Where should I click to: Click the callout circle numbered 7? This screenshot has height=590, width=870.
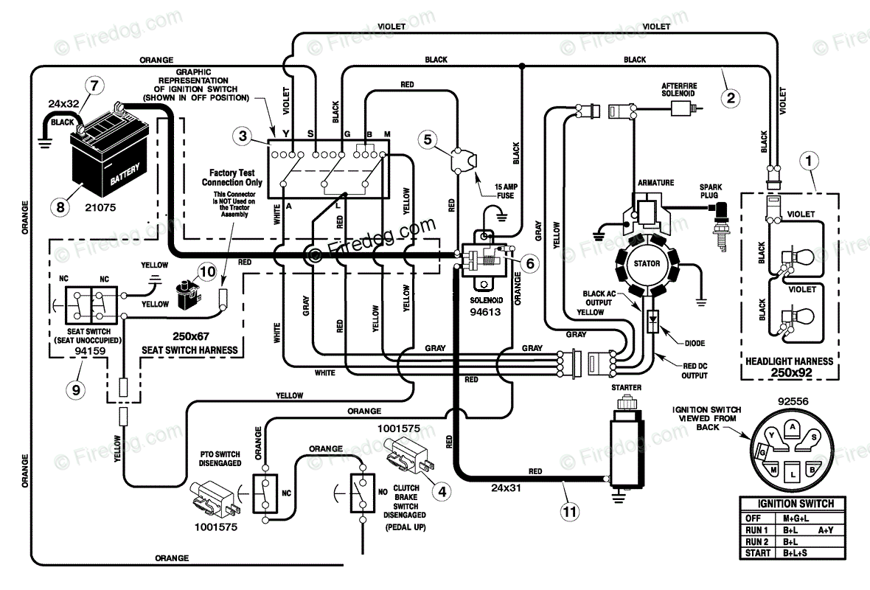pos(94,86)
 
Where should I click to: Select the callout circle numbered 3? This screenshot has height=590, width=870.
pos(243,136)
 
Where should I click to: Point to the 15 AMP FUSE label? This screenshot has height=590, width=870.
pos(506,191)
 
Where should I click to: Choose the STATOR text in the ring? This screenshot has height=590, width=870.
pos(647,263)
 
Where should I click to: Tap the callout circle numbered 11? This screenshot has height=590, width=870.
pos(570,511)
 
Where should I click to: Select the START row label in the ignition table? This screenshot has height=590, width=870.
pos(757,553)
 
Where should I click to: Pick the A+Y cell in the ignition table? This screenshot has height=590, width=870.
pos(826,530)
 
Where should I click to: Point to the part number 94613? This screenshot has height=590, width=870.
pos(485,312)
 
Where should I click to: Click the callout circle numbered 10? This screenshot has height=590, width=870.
pos(207,272)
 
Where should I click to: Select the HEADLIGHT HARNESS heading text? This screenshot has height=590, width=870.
pos(789,361)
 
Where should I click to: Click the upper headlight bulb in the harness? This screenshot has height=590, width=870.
pos(798,257)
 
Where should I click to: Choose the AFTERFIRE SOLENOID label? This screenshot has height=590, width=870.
pos(678,89)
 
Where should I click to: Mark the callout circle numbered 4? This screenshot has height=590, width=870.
pos(442,491)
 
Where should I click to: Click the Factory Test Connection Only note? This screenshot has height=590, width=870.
pos(232,178)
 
